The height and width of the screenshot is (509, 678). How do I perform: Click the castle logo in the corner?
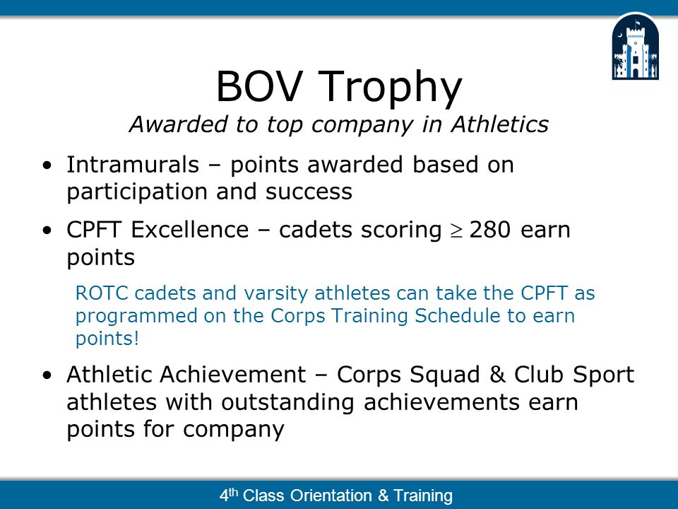tap(635, 47)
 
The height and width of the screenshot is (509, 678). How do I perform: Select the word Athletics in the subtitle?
tap(499, 124)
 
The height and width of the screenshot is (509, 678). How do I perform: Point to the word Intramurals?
tap(133, 165)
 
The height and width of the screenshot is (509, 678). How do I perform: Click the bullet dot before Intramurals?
tap(47, 165)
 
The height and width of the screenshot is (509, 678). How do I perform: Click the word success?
tap(309, 192)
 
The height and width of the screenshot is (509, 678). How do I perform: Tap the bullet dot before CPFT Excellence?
tap(47, 230)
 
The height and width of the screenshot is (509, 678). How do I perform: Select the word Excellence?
tap(190, 229)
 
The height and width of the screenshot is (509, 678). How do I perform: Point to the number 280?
tap(490, 229)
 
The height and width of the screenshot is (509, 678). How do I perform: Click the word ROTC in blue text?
tap(102, 293)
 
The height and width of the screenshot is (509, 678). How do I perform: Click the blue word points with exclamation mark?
tap(107, 339)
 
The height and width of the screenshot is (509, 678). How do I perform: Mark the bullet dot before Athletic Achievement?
tap(47, 375)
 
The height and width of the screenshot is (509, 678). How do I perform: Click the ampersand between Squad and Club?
tap(497, 375)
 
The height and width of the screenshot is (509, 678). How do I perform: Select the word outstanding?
tap(287, 403)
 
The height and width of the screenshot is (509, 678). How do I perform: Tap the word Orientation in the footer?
tap(331, 495)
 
